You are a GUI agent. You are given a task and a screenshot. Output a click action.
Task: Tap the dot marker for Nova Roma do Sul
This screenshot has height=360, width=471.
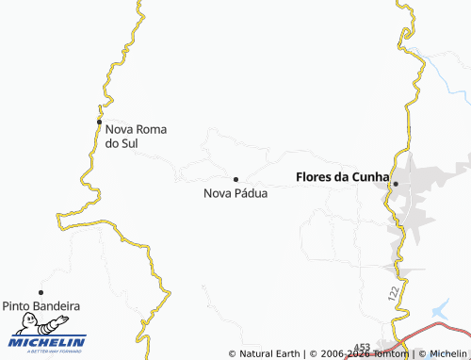pos(100,122)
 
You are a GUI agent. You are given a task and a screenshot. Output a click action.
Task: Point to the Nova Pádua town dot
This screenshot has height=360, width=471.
pos(235,179)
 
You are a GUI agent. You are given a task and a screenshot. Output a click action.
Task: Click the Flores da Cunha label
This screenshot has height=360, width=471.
pos(342,175)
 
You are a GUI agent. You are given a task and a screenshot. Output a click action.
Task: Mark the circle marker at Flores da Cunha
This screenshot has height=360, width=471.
pos(396,183)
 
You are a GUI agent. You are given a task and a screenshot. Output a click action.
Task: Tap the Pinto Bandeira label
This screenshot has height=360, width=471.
pos(41,306)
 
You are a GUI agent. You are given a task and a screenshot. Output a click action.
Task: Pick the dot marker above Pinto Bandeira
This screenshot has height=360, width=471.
pos(41,292)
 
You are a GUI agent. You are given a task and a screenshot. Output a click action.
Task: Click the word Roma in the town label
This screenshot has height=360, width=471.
pos(151,129)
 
